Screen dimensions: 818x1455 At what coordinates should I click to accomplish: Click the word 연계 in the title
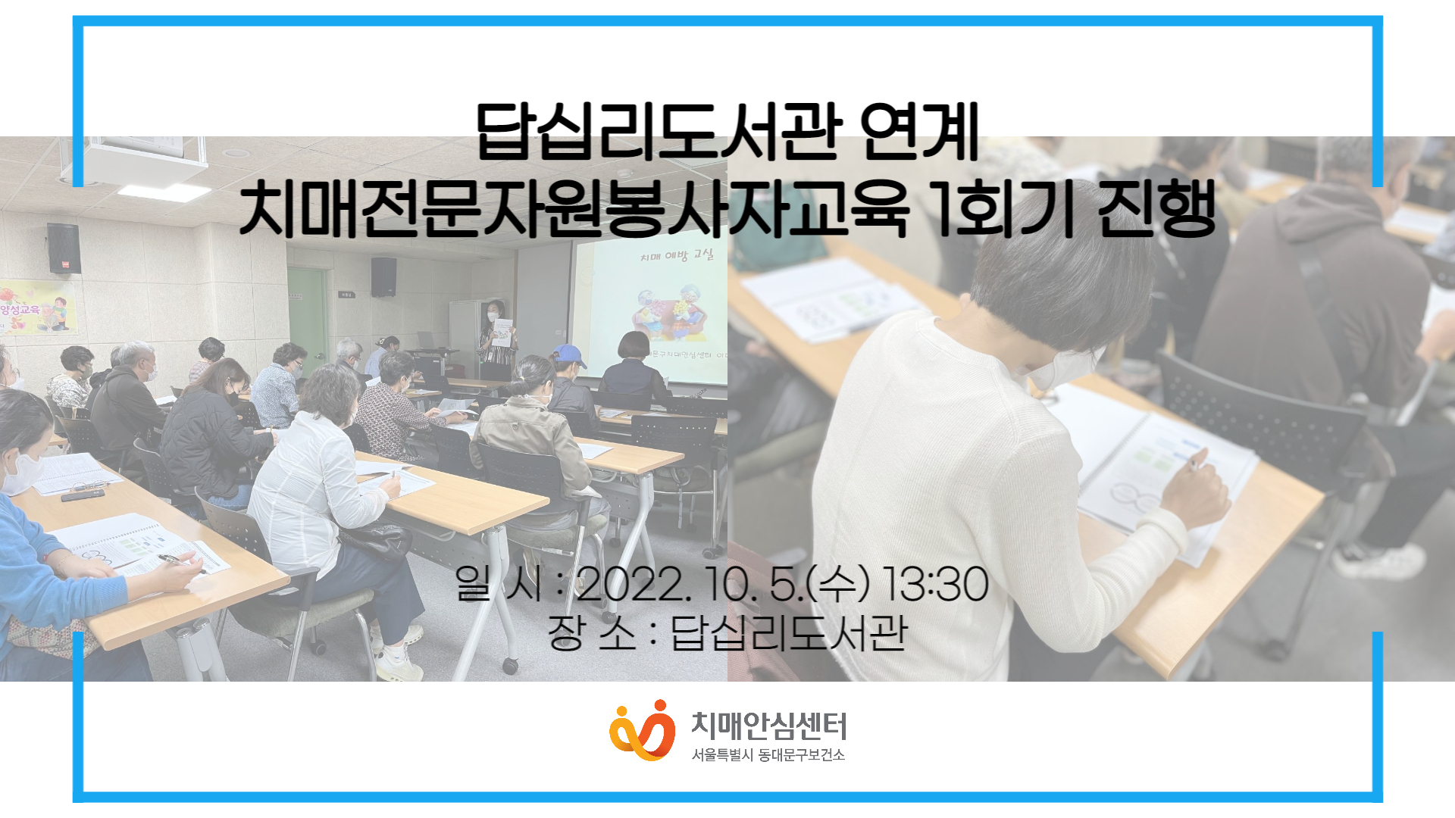click(x=919, y=132)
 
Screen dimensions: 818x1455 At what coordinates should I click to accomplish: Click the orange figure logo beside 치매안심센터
click(x=642, y=730)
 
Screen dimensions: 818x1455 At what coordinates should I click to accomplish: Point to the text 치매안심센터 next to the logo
click(x=768, y=726)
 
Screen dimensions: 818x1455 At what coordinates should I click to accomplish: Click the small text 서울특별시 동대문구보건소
click(x=768, y=755)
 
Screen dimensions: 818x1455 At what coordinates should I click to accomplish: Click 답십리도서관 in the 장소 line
click(x=789, y=633)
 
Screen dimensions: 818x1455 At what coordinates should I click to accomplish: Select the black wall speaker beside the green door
click(x=383, y=276)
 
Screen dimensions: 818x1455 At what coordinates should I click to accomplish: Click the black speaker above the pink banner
click(x=64, y=248)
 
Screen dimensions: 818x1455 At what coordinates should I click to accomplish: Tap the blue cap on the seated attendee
click(x=568, y=353)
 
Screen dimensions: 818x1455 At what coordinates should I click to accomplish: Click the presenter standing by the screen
click(x=496, y=341)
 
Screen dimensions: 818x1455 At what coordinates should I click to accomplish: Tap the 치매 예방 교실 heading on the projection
click(x=676, y=255)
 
